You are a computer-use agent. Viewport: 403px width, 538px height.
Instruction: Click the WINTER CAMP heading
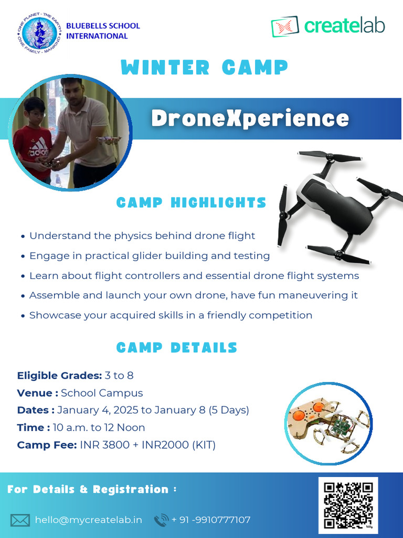tap(204, 68)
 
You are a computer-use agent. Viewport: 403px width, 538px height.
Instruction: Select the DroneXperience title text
tap(250, 118)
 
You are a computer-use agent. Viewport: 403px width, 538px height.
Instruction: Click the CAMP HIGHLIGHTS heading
tap(191, 203)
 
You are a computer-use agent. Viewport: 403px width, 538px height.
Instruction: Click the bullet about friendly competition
tap(171, 315)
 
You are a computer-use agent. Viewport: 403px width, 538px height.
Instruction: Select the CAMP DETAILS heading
tap(176, 348)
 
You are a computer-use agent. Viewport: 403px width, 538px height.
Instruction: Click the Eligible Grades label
tap(59, 376)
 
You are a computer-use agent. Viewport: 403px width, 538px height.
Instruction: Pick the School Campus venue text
tap(102, 393)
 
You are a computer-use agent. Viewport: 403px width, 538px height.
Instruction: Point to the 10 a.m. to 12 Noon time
tap(99, 428)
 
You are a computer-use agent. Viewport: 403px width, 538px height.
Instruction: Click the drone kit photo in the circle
tap(328, 423)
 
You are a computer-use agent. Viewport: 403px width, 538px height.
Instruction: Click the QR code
tap(348, 503)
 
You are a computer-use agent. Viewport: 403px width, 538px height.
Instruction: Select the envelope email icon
tap(20, 520)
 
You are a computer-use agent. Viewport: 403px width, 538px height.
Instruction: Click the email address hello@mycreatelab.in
tap(88, 520)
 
